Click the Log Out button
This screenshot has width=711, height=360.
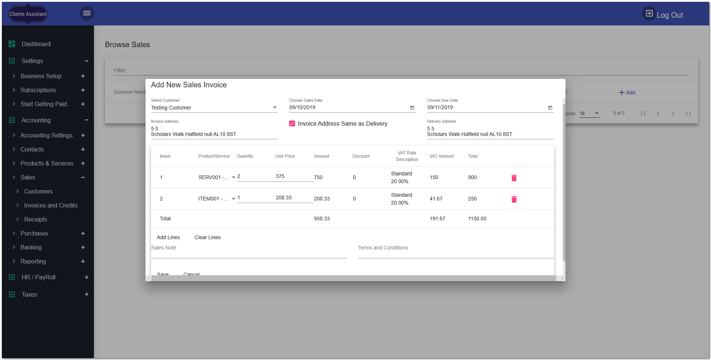point(663,15)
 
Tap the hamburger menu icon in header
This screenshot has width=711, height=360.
point(87,13)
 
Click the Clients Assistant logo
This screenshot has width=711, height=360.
point(28,14)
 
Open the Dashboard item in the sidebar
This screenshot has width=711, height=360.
point(36,44)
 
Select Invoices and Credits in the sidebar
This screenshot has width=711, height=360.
point(50,205)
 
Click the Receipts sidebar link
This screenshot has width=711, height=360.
point(35,219)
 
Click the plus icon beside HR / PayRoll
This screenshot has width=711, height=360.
point(87,277)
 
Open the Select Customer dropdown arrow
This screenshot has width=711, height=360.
point(274,108)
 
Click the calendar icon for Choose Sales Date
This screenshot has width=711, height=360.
point(412,108)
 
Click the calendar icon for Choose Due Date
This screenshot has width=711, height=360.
point(550,108)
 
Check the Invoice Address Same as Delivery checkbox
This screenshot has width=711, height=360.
point(292,123)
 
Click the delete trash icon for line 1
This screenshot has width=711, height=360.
point(514,178)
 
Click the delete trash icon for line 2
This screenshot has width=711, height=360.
point(514,199)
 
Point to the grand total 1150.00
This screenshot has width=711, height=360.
point(477,219)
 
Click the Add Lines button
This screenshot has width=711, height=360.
point(168,237)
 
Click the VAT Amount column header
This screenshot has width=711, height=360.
point(441,156)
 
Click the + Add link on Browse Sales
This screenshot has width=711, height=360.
point(627,92)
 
